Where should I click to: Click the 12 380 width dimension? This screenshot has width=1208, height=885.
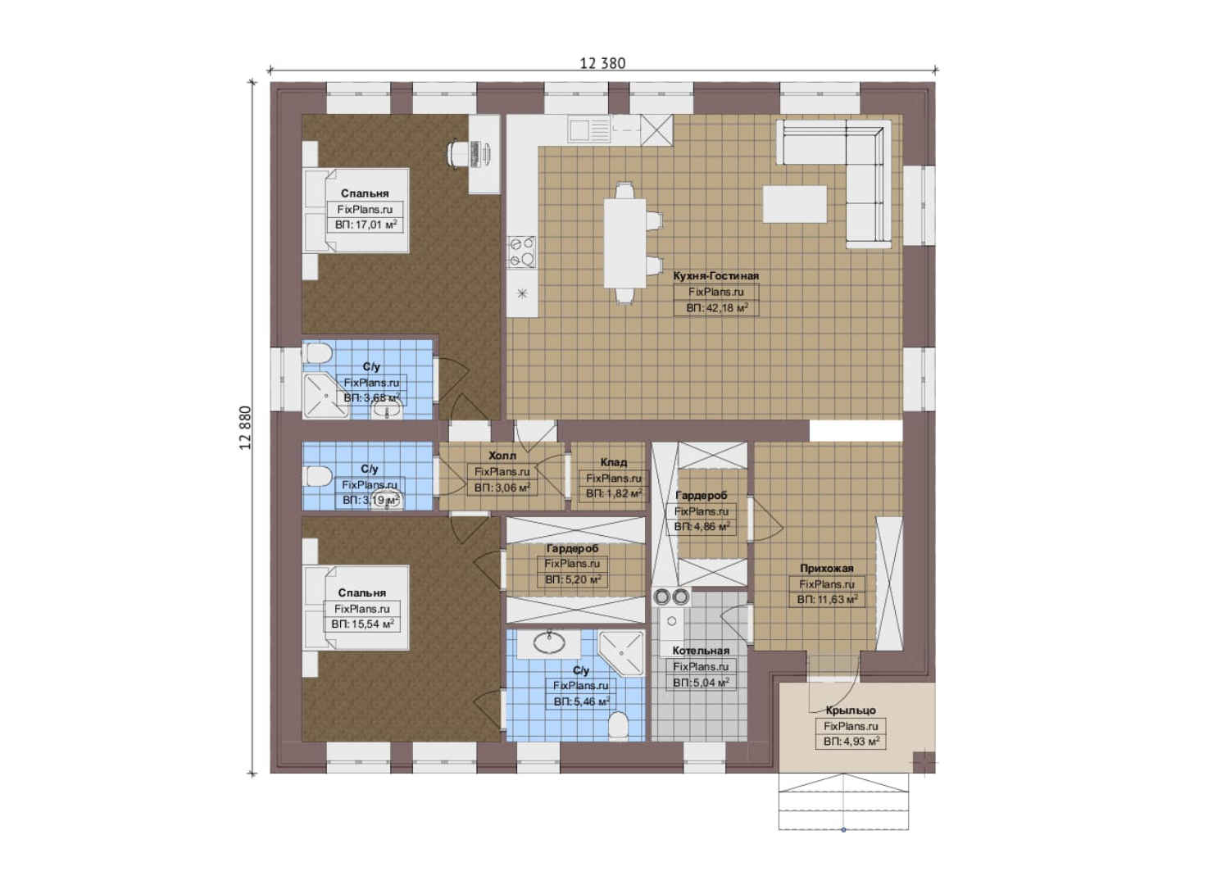[x=602, y=63]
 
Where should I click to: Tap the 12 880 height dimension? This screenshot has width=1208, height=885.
[x=245, y=428]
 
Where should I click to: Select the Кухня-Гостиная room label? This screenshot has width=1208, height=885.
[x=715, y=275]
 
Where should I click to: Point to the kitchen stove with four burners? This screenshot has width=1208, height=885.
[x=522, y=252]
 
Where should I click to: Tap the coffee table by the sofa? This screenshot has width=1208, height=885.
[x=794, y=204]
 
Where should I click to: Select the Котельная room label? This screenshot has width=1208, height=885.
[x=701, y=651]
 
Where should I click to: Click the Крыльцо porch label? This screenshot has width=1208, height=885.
[x=851, y=710]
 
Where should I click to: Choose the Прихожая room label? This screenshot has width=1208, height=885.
[x=826, y=568]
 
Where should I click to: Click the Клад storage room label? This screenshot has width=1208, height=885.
[x=613, y=462]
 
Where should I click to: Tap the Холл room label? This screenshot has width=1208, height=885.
[x=502, y=455]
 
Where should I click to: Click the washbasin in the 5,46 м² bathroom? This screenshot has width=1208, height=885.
[x=549, y=642]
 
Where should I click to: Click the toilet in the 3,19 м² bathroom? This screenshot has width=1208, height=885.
[x=318, y=477]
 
